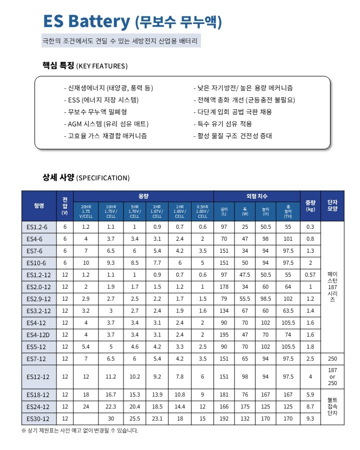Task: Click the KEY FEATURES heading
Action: (85, 66)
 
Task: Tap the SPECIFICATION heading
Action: (86, 178)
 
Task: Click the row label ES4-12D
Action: (38, 335)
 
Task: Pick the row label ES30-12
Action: (38, 419)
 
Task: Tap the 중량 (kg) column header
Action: (310, 205)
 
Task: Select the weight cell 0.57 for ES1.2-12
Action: (310, 275)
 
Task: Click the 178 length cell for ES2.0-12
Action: (223, 287)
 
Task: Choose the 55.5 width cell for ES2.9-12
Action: (244, 299)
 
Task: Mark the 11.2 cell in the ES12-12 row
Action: (110, 377)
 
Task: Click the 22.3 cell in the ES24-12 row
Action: (110, 407)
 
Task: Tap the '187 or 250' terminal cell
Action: (332, 377)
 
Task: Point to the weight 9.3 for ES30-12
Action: (310, 419)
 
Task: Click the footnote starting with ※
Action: (79, 431)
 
